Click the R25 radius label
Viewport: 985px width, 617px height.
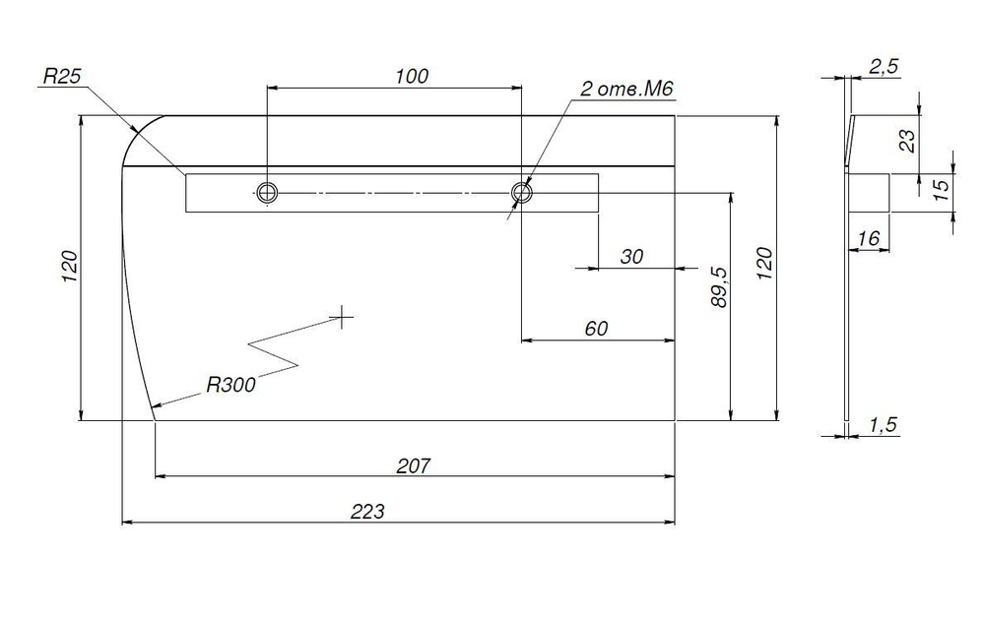pos(62,76)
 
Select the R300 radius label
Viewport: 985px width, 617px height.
pos(231,384)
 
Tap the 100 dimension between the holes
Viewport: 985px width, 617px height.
pos(412,77)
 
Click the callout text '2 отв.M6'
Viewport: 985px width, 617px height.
pos(626,89)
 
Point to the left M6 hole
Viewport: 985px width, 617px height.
pos(267,192)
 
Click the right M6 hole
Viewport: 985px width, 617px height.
pos(522,192)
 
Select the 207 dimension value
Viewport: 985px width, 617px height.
pos(414,465)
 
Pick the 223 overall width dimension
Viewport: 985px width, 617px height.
pos(367,512)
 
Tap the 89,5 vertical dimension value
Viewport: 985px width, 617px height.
pos(719,286)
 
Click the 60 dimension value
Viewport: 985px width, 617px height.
pos(596,329)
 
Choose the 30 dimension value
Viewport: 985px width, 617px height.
pos(632,257)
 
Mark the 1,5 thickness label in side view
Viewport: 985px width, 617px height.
pos(884,425)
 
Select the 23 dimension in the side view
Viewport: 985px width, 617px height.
pos(908,141)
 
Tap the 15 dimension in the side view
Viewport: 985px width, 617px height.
pos(941,190)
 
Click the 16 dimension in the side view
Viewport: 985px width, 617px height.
pos(868,238)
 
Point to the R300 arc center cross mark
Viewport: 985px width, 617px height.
pos(342,317)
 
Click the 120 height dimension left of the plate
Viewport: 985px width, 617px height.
pos(69,266)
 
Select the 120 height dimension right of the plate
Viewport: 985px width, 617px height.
pos(764,264)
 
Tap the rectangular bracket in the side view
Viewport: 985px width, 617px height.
pos(869,193)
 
